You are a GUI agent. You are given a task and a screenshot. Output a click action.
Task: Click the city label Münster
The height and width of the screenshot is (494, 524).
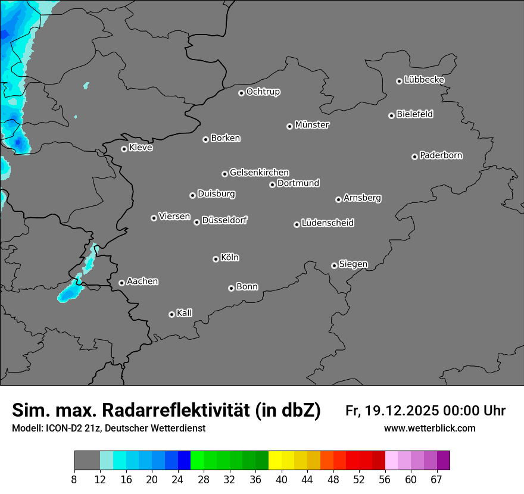pyautogui.click(x=312, y=125)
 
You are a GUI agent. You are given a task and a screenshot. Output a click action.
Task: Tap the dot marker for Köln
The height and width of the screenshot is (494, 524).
pyautogui.click(x=216, y=259)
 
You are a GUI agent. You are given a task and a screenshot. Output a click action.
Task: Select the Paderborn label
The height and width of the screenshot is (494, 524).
pyautogui.click(x=441, y=155)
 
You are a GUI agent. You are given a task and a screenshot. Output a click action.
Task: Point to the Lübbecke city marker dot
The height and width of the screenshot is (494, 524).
pyautogui.click(x=400, y=81)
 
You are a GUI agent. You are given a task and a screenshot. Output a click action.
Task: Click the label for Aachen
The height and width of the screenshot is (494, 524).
pyautogui.click(x=142, y=282)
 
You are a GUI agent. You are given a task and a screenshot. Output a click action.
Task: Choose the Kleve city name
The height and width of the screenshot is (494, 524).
pyautogui.click(x=141, y=148)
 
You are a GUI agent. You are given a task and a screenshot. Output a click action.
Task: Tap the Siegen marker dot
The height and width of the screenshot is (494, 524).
pyautogui.click(x=334, y=265)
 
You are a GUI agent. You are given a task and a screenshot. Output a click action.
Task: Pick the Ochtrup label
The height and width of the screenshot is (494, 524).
pyautogui.click(x=263, y=92)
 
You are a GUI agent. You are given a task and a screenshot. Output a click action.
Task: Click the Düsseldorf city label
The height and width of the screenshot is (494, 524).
pyautogui.click(x=224, y=220)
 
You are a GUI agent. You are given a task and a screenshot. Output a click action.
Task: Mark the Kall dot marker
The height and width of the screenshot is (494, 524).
pyautogui.click(x=171, y=314)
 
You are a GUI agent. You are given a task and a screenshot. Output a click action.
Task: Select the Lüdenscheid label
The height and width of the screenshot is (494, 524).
pyautogui.click(x=327, y=223)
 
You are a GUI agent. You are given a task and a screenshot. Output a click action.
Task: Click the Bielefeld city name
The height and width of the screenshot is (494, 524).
pyautogui.click(x=414, y=114)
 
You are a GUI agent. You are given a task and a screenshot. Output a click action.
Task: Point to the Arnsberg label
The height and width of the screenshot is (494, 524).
pyautogui.click(x=362, y=198)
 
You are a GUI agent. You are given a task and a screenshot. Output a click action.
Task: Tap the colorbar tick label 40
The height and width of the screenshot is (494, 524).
pyautogui.click(x=282, y=480)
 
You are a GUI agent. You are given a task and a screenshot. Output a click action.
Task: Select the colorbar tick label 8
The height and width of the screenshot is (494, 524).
pyautogui.click(x=74, y=480)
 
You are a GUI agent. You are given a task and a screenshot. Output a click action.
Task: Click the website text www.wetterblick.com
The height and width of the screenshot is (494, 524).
pyautogui.click(x=429, y=428)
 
